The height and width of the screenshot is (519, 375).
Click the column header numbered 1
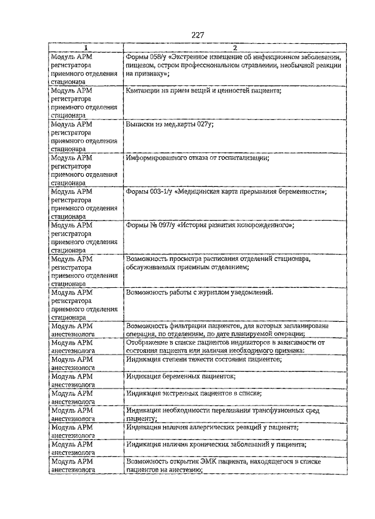pyautogui.click(x=86, y=47)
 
